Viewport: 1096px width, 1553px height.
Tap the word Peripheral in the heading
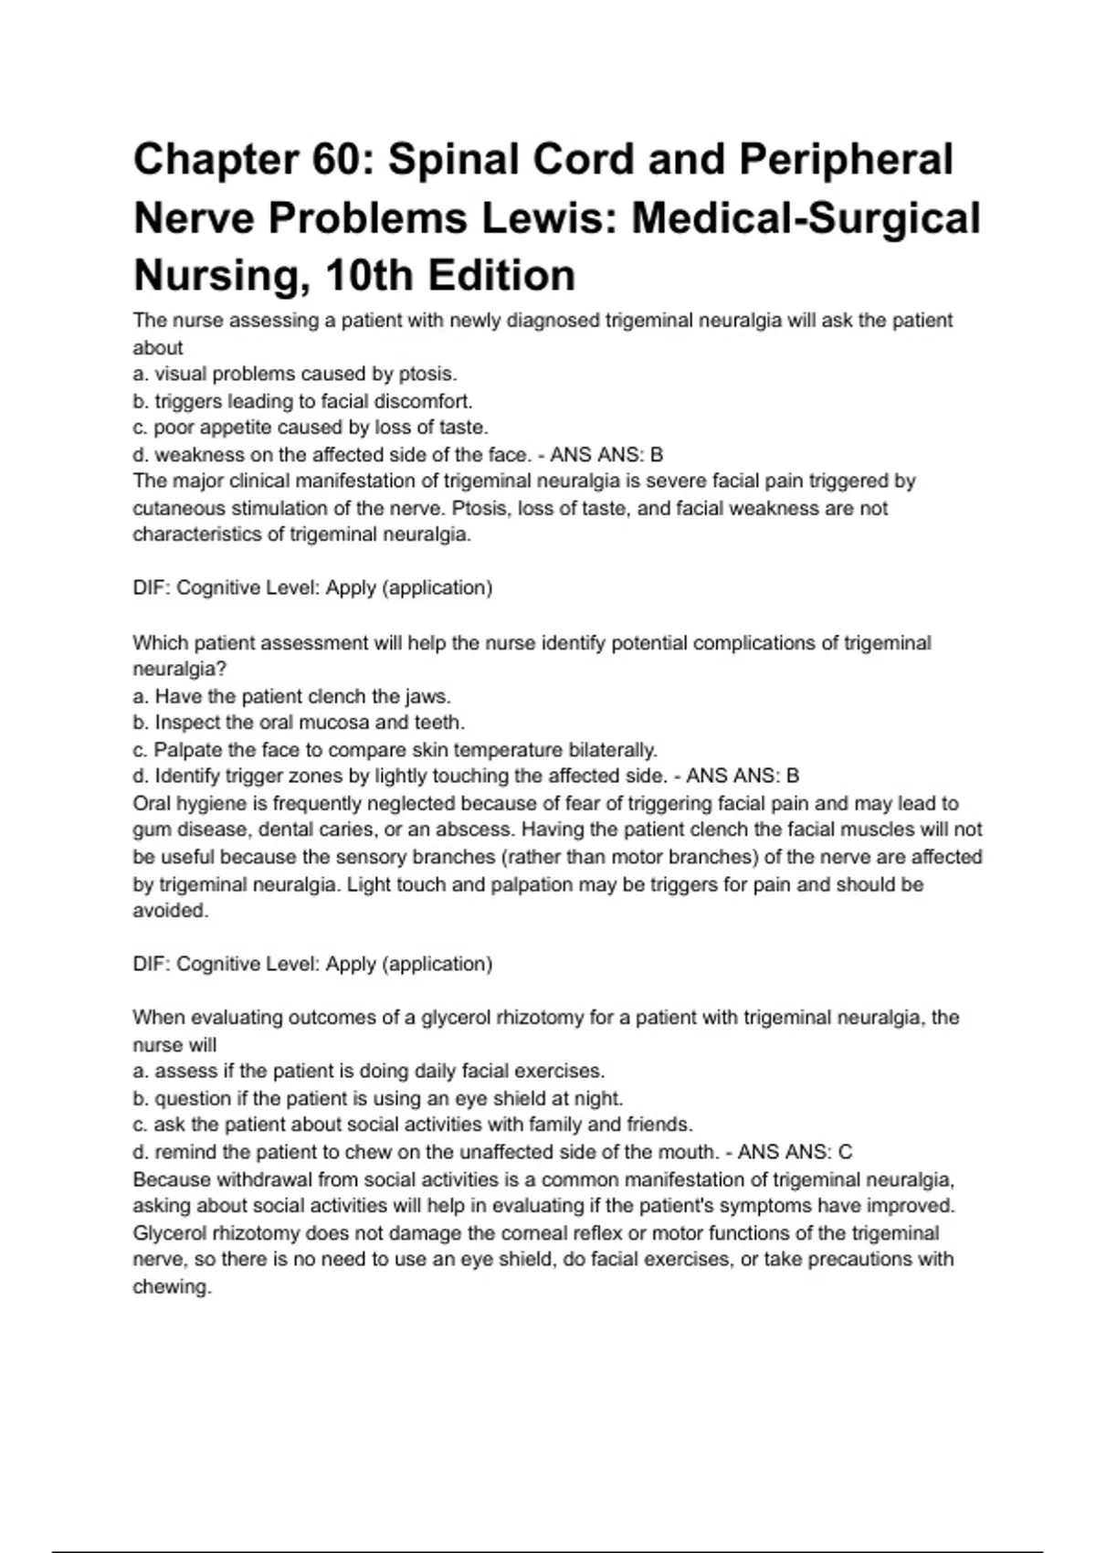[x=846, y=160]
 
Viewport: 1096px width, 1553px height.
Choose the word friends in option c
[x=659, y=1125]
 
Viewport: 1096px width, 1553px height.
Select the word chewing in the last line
[x=171, y=1287]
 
